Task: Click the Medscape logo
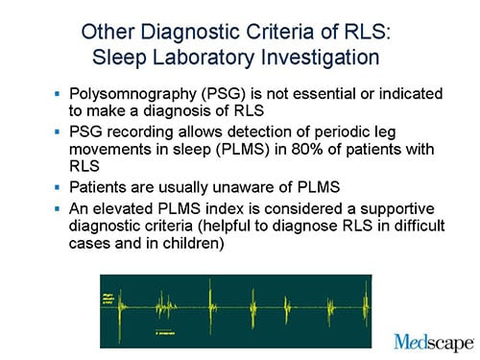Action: (433, 342)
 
